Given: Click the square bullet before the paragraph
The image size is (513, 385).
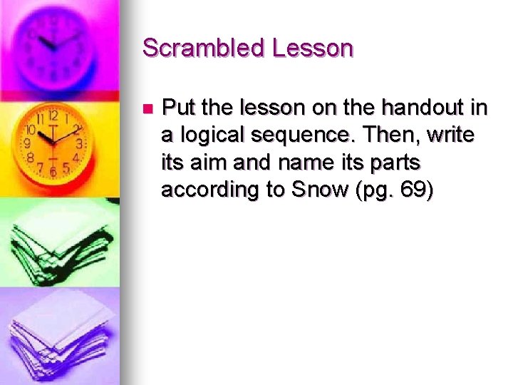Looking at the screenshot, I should [147, 110].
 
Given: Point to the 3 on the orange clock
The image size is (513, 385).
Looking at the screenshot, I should [80, 143].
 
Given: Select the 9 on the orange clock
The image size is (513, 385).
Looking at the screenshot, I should [27, 143].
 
